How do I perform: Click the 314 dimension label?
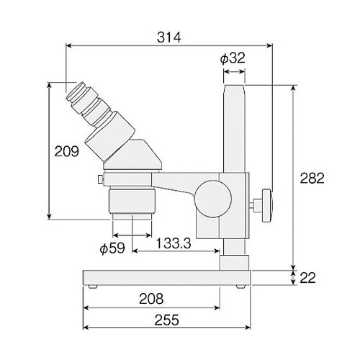click(168, 37)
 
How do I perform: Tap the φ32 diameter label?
click(233, 58)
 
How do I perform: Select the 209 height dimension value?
click(66, 151)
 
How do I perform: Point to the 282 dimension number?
click(312, 178)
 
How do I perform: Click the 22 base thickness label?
click(307, 278)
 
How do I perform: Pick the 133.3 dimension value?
click(174, 243)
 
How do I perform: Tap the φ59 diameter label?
click(112, 248)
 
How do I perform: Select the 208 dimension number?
click(151, 299)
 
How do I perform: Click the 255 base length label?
click(166, 320)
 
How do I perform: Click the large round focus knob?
click(213, 199)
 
